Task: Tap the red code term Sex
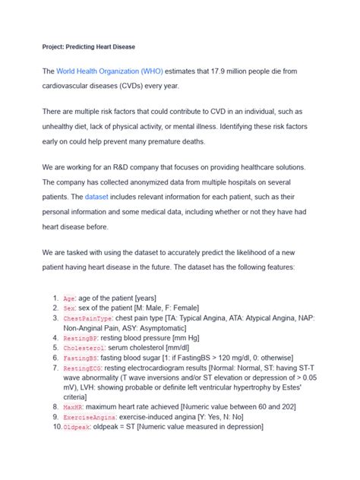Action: (x=69, y=310)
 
